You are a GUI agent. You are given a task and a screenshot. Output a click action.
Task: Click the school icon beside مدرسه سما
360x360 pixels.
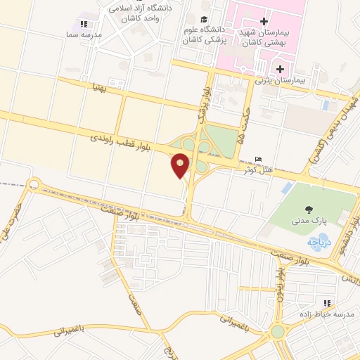tap(85, 24)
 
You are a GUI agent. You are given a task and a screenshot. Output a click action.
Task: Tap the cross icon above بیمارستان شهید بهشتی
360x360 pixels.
tap(263, 22)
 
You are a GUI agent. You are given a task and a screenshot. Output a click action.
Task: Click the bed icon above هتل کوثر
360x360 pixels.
tap(259, 159)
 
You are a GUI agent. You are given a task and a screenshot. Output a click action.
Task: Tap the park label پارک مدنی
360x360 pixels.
tap(307, 221)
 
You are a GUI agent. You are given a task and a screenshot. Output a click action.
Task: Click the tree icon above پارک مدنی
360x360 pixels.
tap(307, 209)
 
